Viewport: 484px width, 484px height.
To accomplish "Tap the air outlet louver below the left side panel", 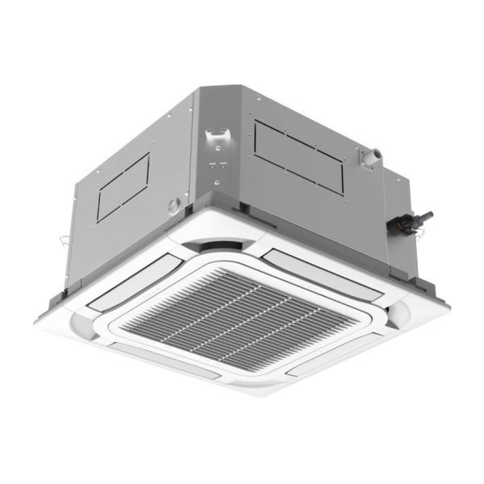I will point(119,282).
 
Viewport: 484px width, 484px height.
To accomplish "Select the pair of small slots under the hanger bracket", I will point(217,164).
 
